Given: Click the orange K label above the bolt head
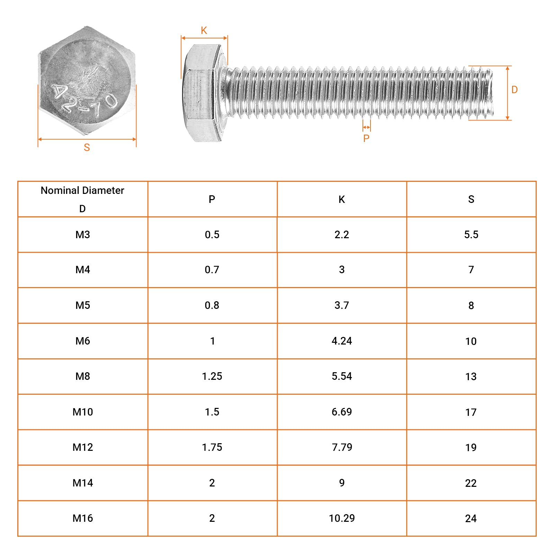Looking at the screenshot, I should tap(204, 30).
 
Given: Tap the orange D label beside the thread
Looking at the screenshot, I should tap(515, 90).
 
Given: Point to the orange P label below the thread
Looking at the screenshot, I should tap(366, 138).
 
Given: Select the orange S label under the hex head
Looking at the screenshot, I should tap(87, 148).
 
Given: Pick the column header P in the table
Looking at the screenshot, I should tap(212, 199).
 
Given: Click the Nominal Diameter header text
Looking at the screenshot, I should tap(82, 190).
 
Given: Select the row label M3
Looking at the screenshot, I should tap(82, 235).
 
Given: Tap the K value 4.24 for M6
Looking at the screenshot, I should tap(341, 341).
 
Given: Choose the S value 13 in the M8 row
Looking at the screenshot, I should tap(471, 376).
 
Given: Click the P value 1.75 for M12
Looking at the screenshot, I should tap(212, 447).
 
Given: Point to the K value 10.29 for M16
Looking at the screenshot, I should tap(341, 518).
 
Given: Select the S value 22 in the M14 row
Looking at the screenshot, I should tap(471, 483).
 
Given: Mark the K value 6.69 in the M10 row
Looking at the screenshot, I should tap(341, 412).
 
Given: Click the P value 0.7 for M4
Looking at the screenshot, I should tap(212, 270).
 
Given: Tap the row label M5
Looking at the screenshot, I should tap(82, 305).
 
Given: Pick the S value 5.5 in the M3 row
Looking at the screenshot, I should tap(471, 235).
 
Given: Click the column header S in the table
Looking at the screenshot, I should tap(471, 199).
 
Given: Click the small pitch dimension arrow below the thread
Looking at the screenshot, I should tap(367, 127).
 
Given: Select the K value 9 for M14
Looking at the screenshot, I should tap(341, 483).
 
